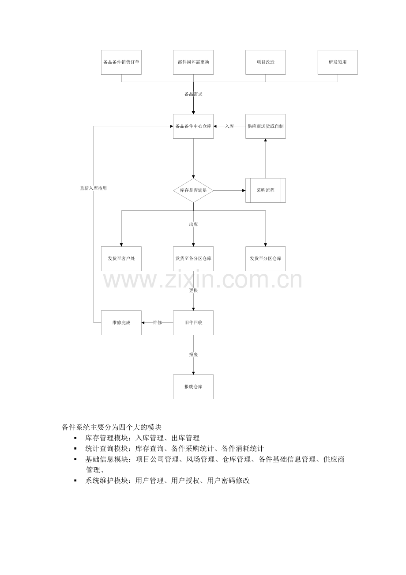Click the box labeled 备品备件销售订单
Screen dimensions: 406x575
click(x=121, y=62)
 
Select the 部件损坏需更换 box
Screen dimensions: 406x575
click(x=193, y=62)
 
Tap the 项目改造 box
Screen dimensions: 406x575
click(x=266, y=62)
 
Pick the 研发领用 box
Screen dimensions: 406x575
click(x=338, y=62)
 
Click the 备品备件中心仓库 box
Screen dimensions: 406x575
click(x=193, y=126)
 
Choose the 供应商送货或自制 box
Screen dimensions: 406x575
click(x=266, y=126)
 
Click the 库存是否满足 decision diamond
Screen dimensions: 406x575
click(x=193, y=190)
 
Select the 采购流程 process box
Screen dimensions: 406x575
click(x=266, y=190)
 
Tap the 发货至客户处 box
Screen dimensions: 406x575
click(x=121, y=259)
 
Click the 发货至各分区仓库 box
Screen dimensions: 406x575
click(x=193, y=259)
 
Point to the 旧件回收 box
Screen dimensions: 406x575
click(x=193, y=323)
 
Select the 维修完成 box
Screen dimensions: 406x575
click(x=121, y=323)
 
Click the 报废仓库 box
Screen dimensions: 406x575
click(x=193, y=387)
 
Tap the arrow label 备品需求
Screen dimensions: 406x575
click(x=193, y=94)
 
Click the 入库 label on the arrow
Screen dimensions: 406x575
click(x=229, y=126)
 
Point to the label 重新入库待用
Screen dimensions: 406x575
click(x=94, y=189)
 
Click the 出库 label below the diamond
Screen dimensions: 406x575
click(x=193, y=225)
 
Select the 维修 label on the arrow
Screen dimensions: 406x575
click(x=157, y=323)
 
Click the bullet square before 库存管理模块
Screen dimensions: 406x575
click(x=75, y=438)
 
